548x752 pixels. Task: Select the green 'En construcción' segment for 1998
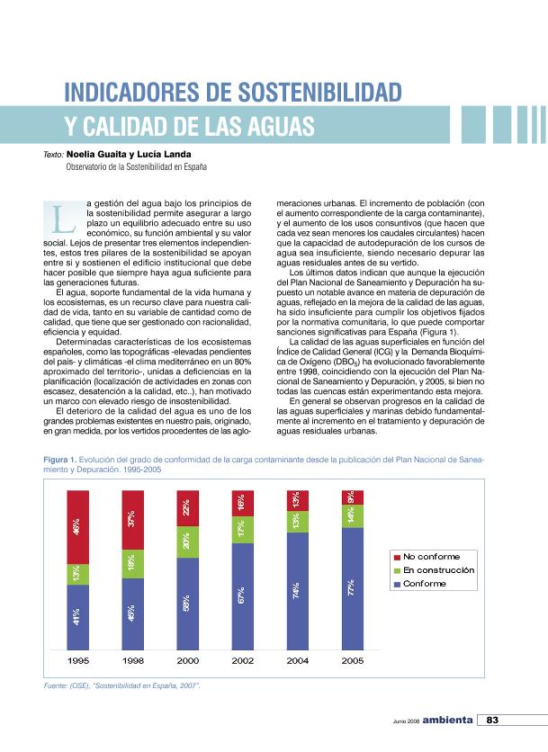[x=133, y=563]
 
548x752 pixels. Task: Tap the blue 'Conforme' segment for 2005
[x=353, y=588]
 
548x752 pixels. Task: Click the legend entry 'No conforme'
[x=431, y=556]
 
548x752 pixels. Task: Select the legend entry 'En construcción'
[x=437, y=569]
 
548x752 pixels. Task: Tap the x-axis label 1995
[x=79, y=660]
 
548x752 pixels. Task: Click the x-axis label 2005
[x=353, y=660]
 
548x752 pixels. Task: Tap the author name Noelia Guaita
[x=97, y=154]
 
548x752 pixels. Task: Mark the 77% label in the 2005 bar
[x=353, y=588]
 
